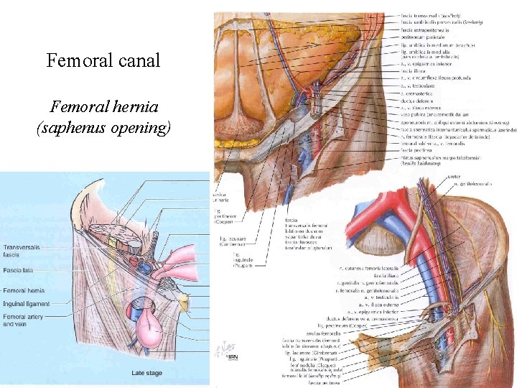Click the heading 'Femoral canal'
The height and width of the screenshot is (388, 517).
coord(103,60)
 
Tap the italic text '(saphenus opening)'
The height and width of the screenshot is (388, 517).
coord(103,128)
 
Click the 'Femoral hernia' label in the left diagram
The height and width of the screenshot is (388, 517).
coord(24,290)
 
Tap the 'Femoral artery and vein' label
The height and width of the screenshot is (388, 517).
coord(24,320)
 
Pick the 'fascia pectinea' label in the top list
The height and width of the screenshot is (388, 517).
coord(422,145)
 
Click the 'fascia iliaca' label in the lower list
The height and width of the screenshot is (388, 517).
coord(383,276)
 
